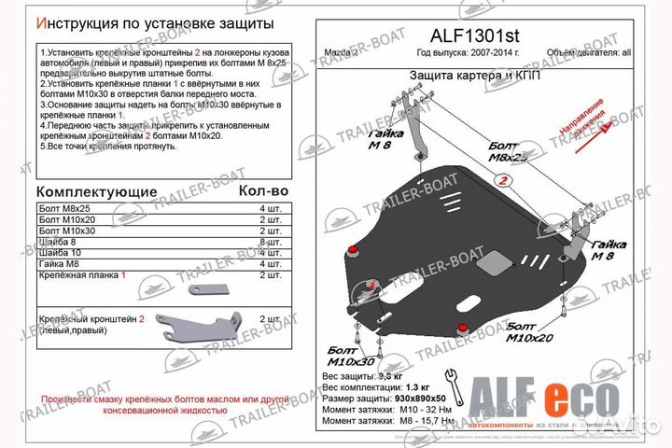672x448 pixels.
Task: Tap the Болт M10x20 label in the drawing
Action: point(528,333)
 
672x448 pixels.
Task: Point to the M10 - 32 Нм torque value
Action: point(435,409)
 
